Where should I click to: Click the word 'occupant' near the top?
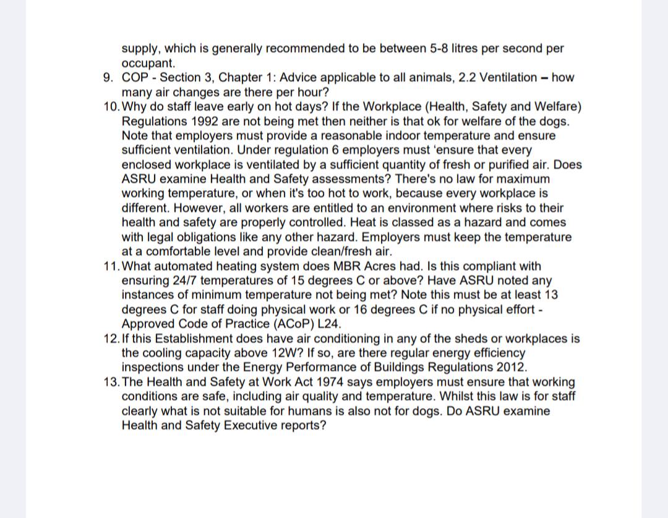147,63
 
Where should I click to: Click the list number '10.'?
112,106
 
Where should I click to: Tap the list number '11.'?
112,266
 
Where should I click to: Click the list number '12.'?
112,339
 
